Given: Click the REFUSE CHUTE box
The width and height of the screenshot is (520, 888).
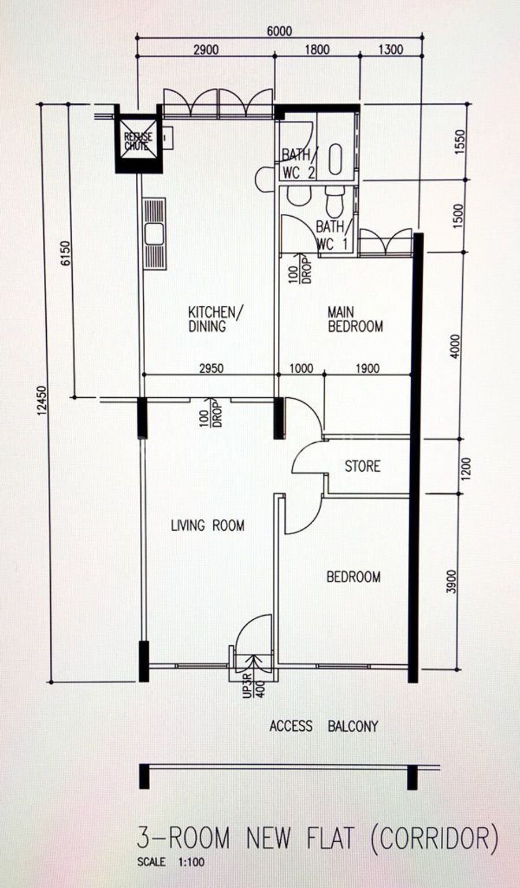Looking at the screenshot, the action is tap(139, 139).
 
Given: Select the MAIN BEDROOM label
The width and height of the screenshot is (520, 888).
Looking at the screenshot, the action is tap(355, 319).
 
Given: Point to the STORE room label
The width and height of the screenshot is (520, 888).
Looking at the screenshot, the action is tap(363, 466).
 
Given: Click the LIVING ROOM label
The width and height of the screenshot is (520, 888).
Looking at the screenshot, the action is tap(207, 526).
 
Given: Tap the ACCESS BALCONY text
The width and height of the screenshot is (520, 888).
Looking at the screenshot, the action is tap(324, 726).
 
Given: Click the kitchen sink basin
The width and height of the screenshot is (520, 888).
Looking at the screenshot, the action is tap(154, 234).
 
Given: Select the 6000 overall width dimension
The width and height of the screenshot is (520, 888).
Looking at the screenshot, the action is tap(279, 31).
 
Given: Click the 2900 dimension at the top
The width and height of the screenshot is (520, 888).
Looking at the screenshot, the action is tap(206, 50).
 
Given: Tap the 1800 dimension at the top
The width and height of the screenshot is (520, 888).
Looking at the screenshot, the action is tap(317, 50).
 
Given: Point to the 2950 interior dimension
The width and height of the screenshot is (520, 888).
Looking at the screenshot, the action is tap(211, 368).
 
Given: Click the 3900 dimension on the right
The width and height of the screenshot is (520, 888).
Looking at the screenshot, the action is tap(451, 582).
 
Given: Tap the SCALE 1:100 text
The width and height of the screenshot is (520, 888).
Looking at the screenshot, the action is tap(171, 872).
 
